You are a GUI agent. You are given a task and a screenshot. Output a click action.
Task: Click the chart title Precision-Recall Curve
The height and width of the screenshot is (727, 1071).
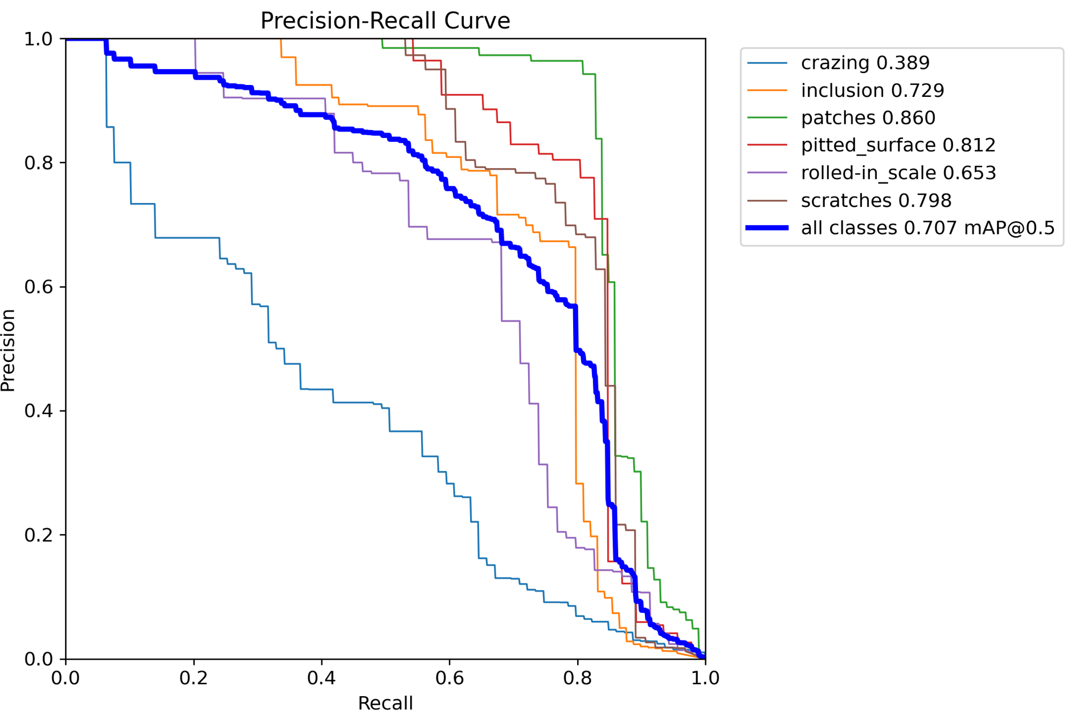[x=385, y=21]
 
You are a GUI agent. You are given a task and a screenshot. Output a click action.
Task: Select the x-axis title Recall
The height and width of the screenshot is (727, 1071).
[x=385, y=703]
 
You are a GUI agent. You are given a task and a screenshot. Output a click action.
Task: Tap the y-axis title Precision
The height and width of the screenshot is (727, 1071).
[x=8, y=350]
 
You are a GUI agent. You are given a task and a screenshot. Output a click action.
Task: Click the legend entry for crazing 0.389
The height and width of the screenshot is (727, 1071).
[x=865, y=63]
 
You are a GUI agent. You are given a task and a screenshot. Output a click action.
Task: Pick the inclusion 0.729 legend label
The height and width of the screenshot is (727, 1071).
[x=872, y=90]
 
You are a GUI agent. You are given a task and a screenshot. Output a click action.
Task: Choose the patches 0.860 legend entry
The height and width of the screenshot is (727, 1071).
[x=868, y=118]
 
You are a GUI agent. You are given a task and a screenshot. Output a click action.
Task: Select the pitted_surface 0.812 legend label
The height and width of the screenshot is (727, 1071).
[x=898, y=145]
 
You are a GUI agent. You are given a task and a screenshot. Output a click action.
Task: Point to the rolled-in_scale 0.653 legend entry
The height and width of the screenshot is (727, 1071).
[x=898, y=173]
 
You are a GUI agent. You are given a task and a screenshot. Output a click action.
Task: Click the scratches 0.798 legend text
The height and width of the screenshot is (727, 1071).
[x=876, y=201]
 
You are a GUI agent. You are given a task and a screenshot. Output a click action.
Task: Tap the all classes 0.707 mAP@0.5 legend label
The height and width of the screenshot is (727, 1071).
[x=927, y=228]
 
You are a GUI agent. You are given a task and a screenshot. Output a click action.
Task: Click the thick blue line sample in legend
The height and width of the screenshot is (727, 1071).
[x=767, y=228]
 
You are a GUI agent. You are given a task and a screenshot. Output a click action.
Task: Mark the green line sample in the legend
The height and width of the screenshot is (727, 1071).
[x=767, y=118]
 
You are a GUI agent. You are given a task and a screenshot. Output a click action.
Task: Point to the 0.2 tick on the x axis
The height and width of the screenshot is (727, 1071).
[x=194, y=677]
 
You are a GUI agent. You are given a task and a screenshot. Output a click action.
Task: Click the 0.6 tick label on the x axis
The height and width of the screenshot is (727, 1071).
[x=449, y=677]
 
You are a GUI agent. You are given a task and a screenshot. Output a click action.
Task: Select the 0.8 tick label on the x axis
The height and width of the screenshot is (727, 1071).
[x=577, y=677]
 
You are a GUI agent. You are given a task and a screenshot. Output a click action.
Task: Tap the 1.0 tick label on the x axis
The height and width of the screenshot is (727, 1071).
[x=705, y=677]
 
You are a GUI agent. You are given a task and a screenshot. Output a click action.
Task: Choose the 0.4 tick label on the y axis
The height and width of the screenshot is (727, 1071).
[x=38, y=411]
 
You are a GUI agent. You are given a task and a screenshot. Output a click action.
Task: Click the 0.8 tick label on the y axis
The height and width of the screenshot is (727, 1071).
[x=38, y=163]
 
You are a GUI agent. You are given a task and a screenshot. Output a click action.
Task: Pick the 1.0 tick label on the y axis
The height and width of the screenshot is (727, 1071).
[x=38, y=39]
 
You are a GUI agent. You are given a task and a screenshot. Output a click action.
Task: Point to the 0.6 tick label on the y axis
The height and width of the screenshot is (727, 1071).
[x=38, y=287]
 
